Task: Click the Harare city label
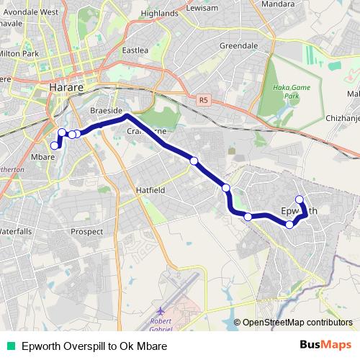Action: point(68,88)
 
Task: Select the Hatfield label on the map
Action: point(151,189)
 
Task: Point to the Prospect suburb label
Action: point(88,231)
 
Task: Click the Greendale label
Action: point(238,45)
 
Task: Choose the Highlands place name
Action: point(161,13)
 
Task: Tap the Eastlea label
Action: point(135,50)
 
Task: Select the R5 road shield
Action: point(203,100)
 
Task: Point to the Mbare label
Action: point(43,155)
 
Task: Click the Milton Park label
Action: point(19,53)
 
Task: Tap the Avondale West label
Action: point(28,12)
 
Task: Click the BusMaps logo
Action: point(326,346)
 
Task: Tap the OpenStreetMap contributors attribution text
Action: point(297,323)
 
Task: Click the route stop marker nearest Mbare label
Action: point(55,146)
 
